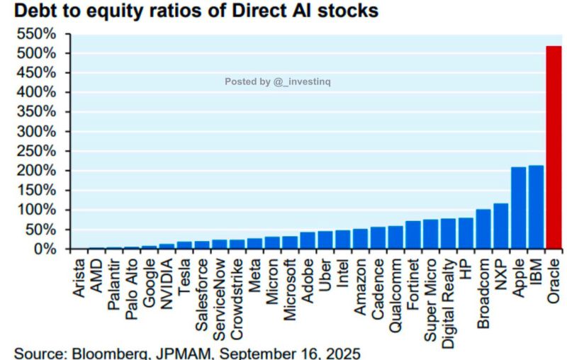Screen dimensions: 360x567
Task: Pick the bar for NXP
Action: click(x=501, y=226)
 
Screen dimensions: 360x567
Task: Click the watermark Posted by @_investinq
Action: click(x=278, y=81)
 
